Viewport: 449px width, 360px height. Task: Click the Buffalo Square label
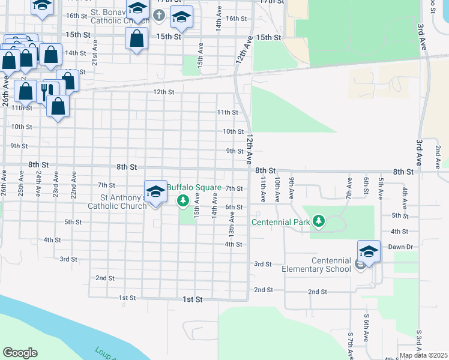[x=193, y=188]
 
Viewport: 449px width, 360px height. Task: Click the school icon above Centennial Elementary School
[x=369, y=252]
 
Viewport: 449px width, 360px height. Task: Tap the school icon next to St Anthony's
[x=155, y=192]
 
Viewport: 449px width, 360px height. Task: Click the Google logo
[x=20, y=353]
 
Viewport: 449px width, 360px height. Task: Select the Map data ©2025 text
[x=423, y=355]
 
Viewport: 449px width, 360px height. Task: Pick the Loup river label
[x=104, y=353]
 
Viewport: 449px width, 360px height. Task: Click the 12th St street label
[x=163, y=92]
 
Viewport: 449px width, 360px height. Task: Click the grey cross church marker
[x=158, y=15]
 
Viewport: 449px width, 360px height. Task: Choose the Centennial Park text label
[x=280, y=222]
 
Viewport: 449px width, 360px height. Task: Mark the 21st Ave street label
[x=94, y=58]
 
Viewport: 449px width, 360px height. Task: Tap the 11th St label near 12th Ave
[x=228, y=112]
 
